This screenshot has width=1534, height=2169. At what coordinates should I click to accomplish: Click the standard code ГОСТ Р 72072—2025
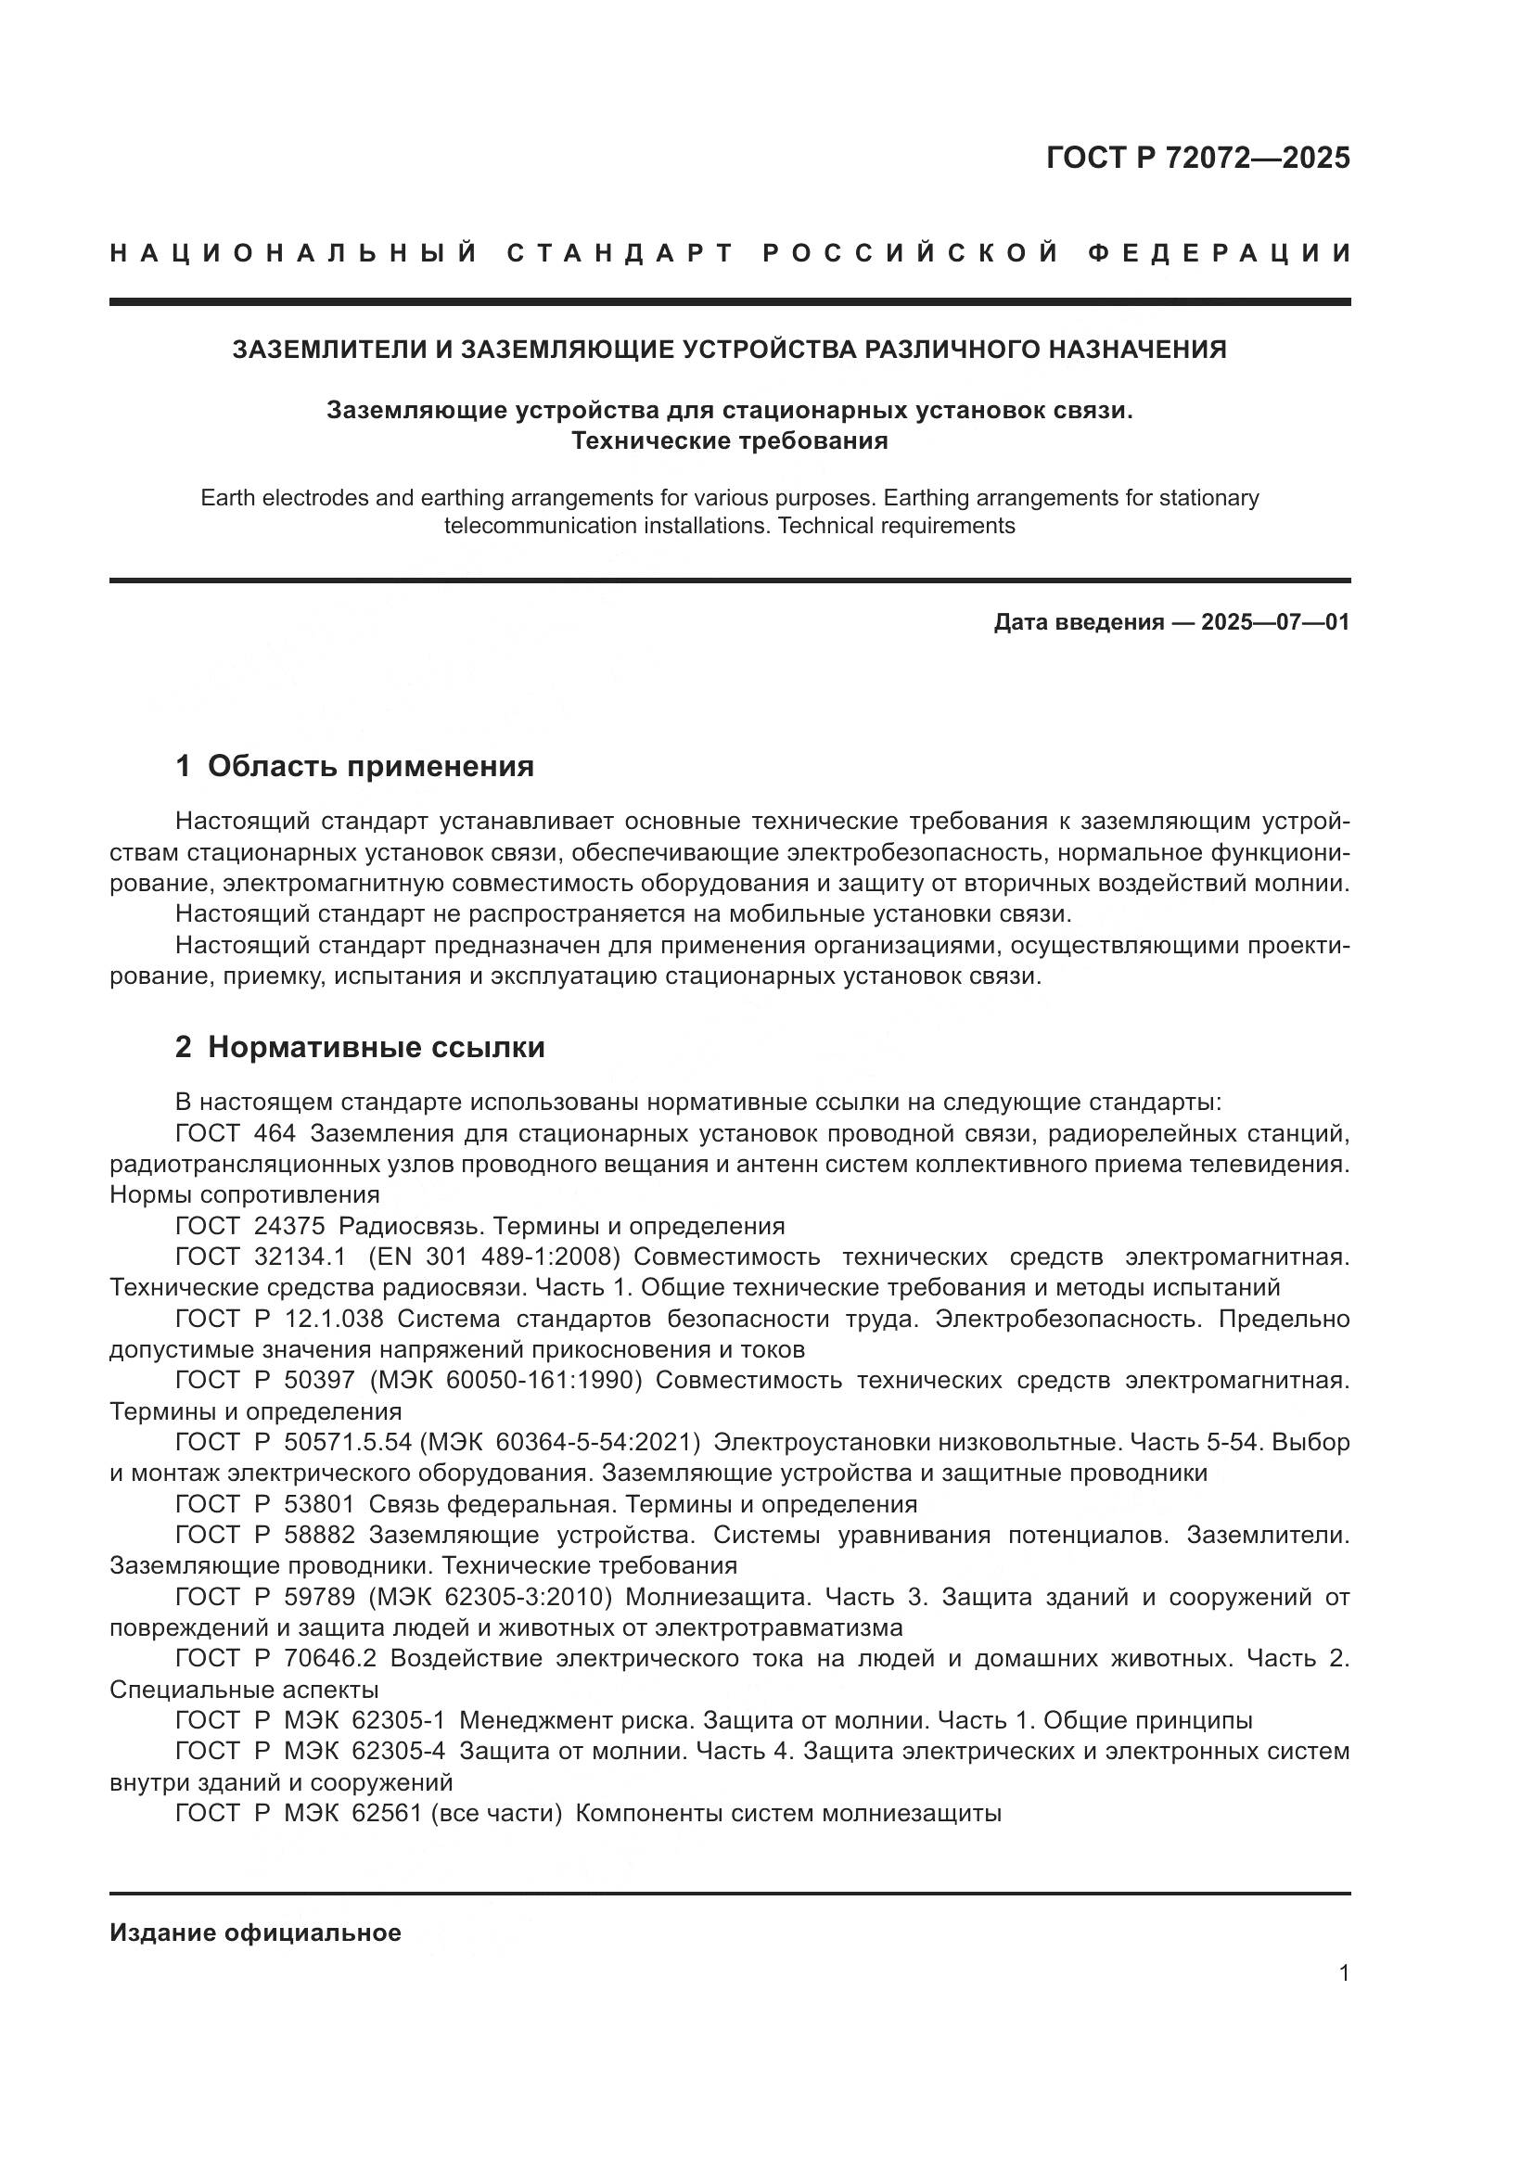(1197, 158)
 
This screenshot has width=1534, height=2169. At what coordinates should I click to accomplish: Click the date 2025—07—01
(1275, 622)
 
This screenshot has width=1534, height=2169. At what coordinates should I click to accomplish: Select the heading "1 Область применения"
(354, 766)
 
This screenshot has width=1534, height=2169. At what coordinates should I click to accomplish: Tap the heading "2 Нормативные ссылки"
(360, 1048)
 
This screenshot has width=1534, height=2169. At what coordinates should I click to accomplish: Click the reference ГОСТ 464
(236, 1132)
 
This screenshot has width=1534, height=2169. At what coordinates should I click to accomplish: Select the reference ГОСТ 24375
(250, 1226)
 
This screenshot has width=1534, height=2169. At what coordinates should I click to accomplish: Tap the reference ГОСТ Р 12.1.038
(279, 1319)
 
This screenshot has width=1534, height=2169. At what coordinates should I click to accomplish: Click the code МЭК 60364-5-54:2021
(559, 1443)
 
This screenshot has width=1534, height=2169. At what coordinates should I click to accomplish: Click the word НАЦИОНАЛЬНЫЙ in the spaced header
(294, 253)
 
